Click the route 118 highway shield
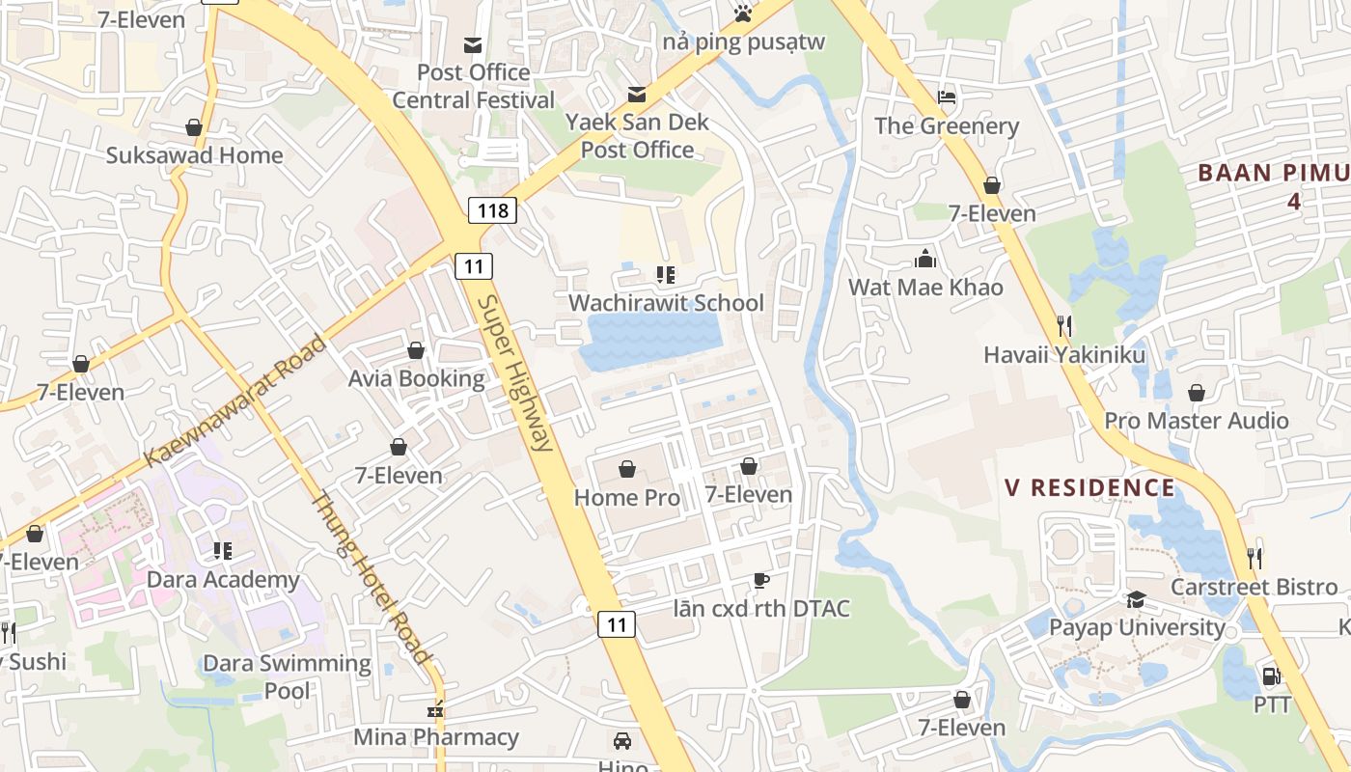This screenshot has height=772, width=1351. [x=492, y=209]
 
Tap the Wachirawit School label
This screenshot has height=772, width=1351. [x=666, y=303]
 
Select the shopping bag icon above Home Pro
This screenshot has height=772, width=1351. [x=627, y=469]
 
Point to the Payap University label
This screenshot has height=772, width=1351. [x=1137, y=627]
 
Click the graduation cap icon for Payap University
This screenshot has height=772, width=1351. [x=1136, y=600]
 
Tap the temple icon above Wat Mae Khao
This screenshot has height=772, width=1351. [x=925, y=259]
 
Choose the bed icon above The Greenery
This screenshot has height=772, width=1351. [x=947, y=97]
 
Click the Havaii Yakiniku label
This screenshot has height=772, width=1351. [x=1064, y=355]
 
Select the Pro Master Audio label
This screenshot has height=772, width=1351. [x=1197, y=421]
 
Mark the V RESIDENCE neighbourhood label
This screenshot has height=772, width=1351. [x=1090, y=487]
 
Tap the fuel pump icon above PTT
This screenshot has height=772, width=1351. [x=1271, y=676]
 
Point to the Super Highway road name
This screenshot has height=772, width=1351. [x=515, y=373]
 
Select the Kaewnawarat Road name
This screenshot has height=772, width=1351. [x=234, y=401]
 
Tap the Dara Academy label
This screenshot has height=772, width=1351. [x=223, y=580]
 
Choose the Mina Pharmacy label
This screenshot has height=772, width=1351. [x=435, y=737]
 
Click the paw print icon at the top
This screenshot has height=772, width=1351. [x=742, y=13]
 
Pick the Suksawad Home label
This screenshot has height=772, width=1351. [x=194, y=155]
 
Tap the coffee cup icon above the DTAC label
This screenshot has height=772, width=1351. [x=760, y=580]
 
